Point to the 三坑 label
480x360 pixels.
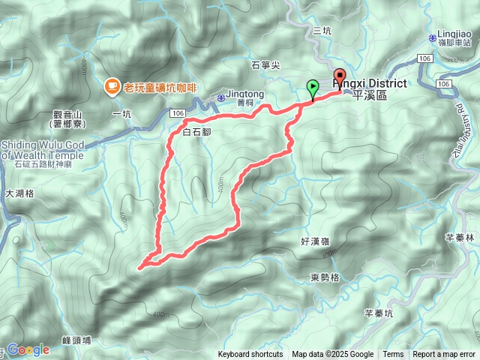point(321,31)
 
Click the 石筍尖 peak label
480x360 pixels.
point(265,65)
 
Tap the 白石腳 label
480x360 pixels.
point(196,132)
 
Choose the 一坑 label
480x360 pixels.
point(121,113)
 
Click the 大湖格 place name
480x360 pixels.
point(19,193)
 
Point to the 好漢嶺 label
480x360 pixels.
point(315,241)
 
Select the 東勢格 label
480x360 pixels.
point(325,277)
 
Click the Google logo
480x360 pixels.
point(28,349)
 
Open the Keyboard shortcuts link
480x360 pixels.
point(250,355)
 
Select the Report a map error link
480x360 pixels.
point(444,355)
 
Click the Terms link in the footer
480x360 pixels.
point(393,355)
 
